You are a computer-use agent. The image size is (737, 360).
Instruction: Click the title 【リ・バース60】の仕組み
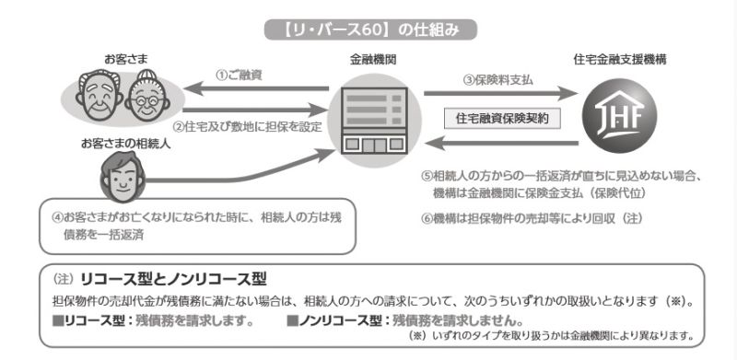coord(371,29)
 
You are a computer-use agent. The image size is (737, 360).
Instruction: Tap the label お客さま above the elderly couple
coord(126,59)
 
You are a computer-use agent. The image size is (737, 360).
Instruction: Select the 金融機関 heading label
coord(373,59)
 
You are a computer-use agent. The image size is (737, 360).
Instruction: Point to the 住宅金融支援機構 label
coord(619,59)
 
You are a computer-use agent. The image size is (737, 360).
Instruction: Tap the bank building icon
coord(374,120)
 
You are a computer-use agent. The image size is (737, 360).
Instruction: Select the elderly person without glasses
coord(99,96)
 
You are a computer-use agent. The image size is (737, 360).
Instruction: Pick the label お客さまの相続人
coord(125,145)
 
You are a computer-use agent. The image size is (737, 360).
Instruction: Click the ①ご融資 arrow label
coord(239,75)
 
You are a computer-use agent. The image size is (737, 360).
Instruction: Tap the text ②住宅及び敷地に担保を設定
coord(247,126)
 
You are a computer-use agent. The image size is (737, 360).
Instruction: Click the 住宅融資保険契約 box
coord(502,119)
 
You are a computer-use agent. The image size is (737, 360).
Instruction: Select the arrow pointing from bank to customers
coord(256,88)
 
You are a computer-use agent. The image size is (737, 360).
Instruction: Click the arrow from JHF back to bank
coord(501,143)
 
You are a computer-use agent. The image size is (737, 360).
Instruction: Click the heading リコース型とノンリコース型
coord(173,280)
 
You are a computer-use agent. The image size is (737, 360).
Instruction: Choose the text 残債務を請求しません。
coord(457,321)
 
